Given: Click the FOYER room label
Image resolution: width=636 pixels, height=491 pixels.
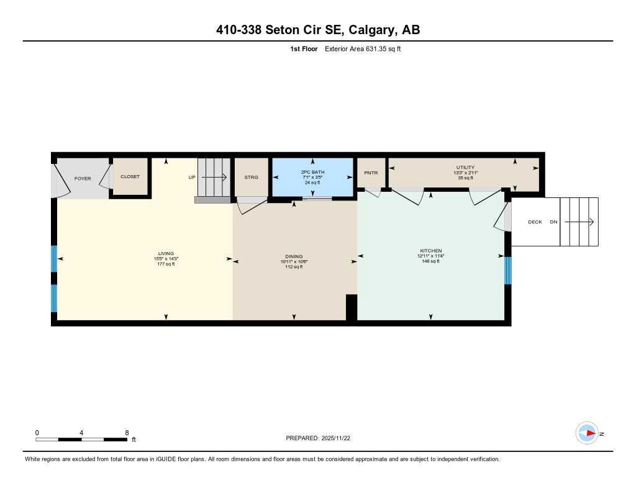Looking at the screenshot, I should [x=83, y=179].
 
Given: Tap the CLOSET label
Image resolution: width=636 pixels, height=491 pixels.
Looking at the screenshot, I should [x=130, y=177].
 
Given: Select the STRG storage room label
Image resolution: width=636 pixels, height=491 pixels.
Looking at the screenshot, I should [x=251, y=178].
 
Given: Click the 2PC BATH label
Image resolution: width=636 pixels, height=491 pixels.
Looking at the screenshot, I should [x=312, y=172].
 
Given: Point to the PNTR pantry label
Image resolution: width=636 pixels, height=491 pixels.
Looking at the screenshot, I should [x=371, y=173].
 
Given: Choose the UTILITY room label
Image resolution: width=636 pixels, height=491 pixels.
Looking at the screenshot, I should [x=465, y=168].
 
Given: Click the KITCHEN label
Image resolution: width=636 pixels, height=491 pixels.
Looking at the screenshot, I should [x=430, y=251].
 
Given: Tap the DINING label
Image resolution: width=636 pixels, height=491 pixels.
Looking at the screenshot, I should [x=294, y=256].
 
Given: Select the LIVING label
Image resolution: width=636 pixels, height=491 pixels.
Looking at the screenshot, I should [x=166, y=253].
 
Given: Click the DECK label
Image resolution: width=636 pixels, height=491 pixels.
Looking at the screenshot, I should [x=535, y=222].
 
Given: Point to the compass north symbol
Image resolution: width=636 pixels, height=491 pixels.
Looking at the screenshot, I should [x=587, y=433].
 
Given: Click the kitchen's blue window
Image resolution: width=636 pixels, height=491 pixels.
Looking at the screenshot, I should [x=507, y=270].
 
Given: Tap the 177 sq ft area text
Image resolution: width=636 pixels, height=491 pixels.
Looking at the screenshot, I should [x=166, y=264].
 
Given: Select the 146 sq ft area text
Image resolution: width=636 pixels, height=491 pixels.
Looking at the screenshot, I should [x=430, y=261].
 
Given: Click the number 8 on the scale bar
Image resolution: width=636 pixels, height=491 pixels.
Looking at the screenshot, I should [x=127, y=433].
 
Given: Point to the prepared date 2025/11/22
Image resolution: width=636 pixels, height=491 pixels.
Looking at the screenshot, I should [x=340, y=438].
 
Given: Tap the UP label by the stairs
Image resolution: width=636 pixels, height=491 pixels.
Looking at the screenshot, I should [x=192, y=178].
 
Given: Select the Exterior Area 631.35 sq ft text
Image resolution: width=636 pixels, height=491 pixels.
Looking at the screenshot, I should [x=363, y=49].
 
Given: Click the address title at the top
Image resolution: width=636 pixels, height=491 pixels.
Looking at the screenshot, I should [x=318, y=30].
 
